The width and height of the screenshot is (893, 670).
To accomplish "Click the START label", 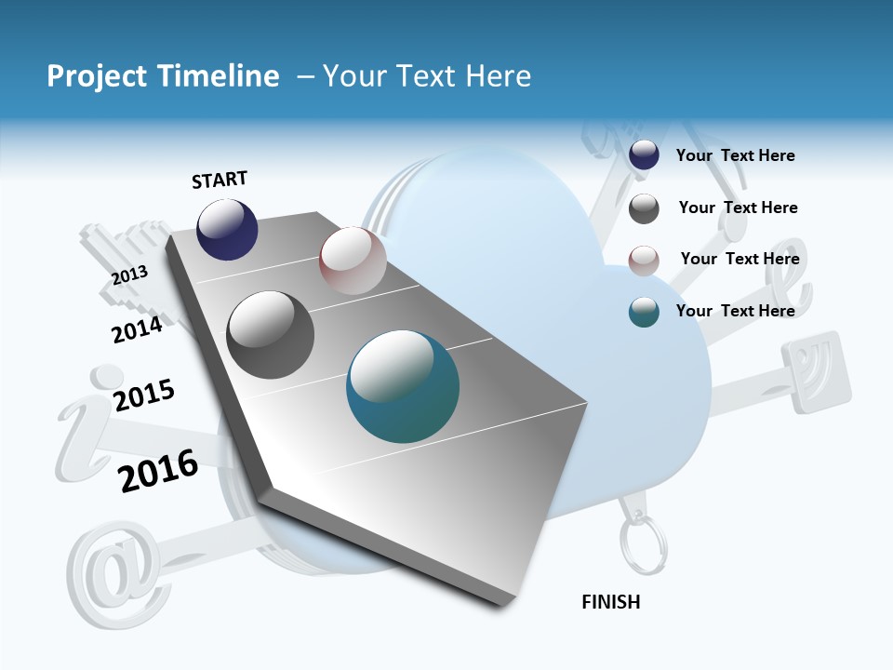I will click(x=220, y=180).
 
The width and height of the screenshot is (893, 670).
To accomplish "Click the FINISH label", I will click(x=610, y=602).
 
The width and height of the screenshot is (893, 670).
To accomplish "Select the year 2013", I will click(x=129, y=275).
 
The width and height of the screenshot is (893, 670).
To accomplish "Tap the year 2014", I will click(x=137, y=329).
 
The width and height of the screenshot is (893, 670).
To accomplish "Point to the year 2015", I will click(x=144, y=395).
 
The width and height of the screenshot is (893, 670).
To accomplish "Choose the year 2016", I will click(x=158, y=471).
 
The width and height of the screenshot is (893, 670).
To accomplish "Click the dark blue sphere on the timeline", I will click(x=227, y=230).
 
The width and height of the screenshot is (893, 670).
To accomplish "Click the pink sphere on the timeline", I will click(x=353, y=261).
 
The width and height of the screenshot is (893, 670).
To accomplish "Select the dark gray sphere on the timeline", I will click(x=271, y=335).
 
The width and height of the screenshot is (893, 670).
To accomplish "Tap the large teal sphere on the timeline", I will click(x=403, y=386).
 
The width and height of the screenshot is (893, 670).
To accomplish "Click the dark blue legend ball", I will click(x=644, y=155).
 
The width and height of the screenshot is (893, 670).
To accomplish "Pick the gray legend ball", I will click(x=644, y=208).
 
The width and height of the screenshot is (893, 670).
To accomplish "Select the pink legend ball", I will click(x=644, y=261).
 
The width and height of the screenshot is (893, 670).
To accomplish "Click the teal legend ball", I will click(x=644, y=312).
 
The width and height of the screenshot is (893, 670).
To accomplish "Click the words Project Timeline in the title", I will click(x=163, y=76).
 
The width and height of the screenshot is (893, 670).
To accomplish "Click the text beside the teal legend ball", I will click(x=735, y=311).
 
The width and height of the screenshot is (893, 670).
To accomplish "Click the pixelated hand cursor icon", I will click(x=130, y=261).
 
